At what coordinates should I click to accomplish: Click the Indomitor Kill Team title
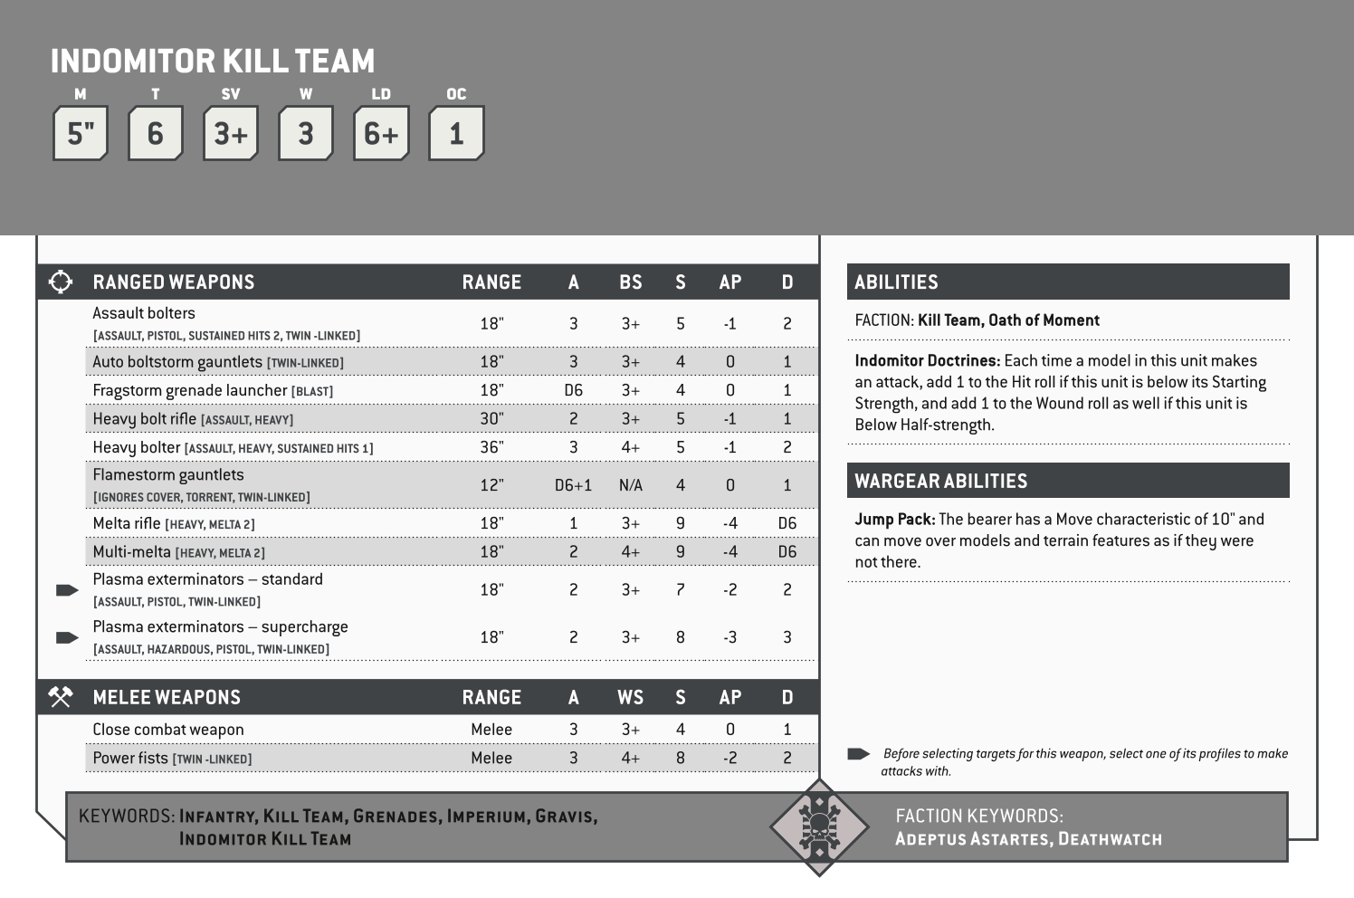tap(213, 62)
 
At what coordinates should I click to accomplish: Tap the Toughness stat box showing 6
tap(156, 134)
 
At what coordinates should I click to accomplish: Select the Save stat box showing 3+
tap(231, 134)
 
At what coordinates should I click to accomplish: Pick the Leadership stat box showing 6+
tap(381, 134)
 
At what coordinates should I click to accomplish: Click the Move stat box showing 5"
tap(81, 134)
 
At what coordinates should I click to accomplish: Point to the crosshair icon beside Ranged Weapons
tap(60, 282)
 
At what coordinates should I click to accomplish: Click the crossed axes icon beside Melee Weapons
tap(60, 697)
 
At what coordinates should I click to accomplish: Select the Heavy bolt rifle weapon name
tap(144, 419)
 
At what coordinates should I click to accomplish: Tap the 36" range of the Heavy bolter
tap(491, 447)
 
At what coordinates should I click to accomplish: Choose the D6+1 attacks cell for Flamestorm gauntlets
tap(573, 485)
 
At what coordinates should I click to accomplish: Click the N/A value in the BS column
tap(630, 485)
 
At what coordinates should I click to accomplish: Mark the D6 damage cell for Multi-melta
tap(787, 552)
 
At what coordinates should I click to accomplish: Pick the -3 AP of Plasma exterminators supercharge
tap(729, 637)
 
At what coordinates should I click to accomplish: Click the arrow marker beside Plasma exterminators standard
tap(67, 590)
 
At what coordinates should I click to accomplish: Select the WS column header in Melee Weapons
tap(630, 697)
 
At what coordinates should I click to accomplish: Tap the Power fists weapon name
tap(130, 758)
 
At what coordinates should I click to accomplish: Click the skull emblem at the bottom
tap(818, 826)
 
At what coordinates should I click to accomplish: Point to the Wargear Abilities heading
tap(940, 481)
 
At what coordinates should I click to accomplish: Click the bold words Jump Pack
tap(894, 520)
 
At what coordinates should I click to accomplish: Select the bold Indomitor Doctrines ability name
tap(927, 360)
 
